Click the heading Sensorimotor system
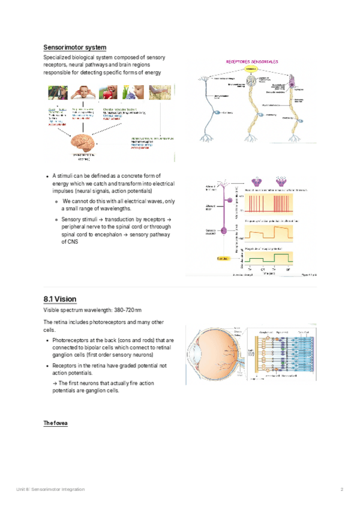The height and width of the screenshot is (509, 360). click(x=75, y=47)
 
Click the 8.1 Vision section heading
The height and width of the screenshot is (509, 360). click(x=60, y=298)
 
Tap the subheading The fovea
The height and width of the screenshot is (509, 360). click(x=55, y=423)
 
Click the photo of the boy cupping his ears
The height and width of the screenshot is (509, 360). click(x=83, y=92)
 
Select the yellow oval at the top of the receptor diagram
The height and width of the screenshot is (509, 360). click(x=251, y=69)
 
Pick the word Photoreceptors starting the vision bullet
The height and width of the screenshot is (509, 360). click(x=70, y=340)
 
